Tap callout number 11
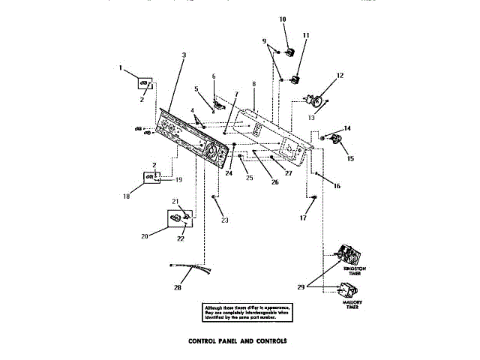305,35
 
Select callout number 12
340,75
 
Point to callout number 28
178,288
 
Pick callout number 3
184,55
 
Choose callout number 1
120,68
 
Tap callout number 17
304,219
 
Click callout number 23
224,220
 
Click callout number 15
346,158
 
